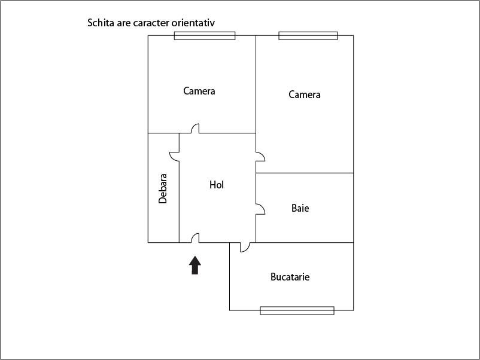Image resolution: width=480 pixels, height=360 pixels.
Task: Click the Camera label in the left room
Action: click(199, 91)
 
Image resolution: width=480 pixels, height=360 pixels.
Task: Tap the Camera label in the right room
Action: click(305, 94)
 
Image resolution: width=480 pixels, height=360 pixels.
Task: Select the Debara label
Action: click(163, 188)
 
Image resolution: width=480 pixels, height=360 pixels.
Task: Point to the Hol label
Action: click(217, 185)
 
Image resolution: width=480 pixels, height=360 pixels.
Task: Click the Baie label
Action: click(300, 208)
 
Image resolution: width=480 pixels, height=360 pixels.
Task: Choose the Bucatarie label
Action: click(290, 277)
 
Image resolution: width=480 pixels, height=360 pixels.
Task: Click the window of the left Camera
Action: click(205, 36)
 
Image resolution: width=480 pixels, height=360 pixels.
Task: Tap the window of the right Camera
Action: click(308, 36)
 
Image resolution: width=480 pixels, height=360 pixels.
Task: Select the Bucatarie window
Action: click(297, 310)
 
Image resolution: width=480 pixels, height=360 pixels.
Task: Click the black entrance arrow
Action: click(195, 265)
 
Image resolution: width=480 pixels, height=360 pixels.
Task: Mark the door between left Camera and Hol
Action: click(195, 129)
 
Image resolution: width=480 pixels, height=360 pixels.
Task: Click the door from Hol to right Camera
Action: click(260, 157)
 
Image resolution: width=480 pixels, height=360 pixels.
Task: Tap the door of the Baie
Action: click(260, 209)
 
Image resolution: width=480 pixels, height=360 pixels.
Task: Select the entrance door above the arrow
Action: click(195, 239)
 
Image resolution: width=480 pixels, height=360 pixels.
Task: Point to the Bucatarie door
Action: click(244, 246)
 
